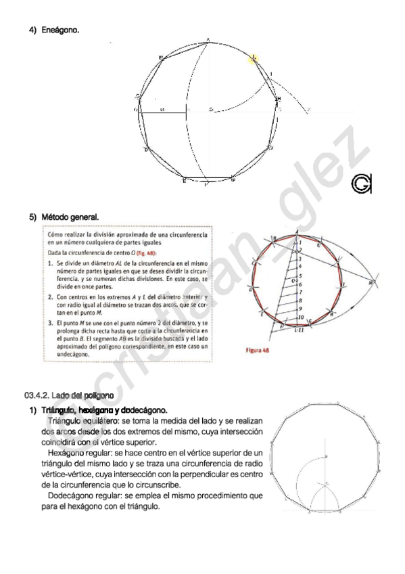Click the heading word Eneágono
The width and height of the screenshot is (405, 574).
tap(59, 30)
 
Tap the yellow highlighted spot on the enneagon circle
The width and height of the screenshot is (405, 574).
tap(253, 59)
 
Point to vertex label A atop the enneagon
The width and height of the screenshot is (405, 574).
tap(207, 39)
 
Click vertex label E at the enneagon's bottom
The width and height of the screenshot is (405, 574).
tap(183, 181)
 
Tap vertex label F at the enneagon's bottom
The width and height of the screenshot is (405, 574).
tap(233, 181)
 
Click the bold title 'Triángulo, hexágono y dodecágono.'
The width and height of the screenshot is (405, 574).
tap(103, 410)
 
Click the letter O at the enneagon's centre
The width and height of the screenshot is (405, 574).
tap(210, 109)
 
